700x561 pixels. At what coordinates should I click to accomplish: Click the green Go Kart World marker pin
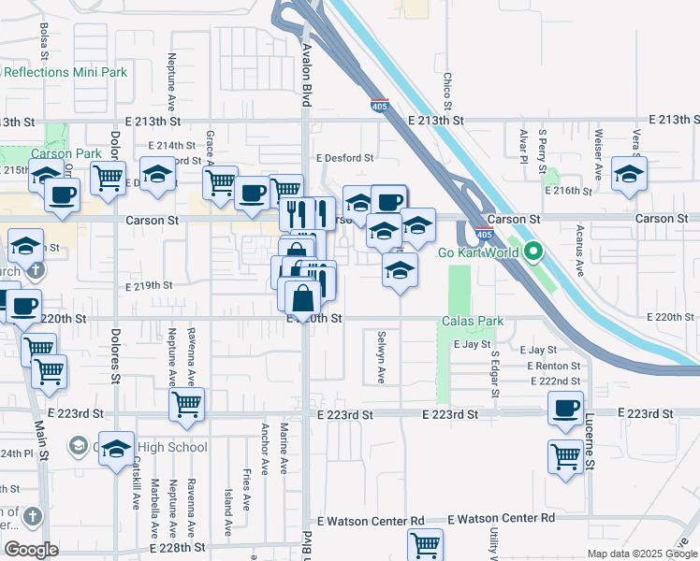[x=533, y=252]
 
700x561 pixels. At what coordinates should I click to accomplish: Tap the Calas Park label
[x=473, y=322]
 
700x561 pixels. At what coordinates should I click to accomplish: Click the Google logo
[x=31, y=550]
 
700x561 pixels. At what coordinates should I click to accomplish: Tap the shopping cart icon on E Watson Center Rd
[x=425, y=543]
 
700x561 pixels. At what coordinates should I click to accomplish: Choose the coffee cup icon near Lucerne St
[x=566, y=408]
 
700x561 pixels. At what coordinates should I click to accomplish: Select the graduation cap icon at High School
[x=116, y=450]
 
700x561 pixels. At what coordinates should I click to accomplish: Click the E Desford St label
[x=344, y=158]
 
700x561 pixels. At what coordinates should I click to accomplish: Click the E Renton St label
[x=553, y=366]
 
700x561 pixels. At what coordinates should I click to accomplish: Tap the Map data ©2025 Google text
[x=641, y=554]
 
